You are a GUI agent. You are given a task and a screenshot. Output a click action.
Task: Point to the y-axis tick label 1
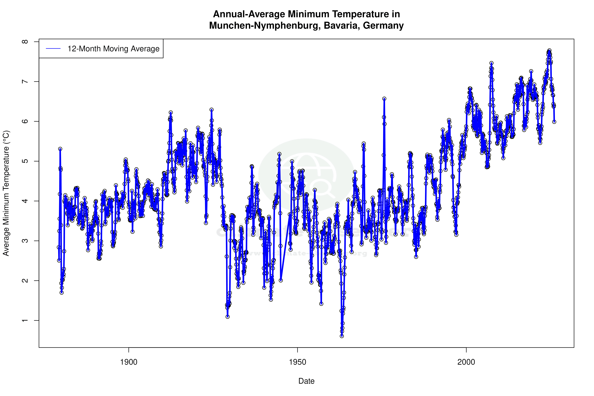25,320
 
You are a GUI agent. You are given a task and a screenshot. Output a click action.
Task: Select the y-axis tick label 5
25,161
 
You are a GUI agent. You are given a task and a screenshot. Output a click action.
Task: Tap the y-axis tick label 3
25,241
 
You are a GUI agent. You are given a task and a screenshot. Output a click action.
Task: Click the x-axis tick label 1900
129,362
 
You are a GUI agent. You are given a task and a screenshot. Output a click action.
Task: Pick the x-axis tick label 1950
297,362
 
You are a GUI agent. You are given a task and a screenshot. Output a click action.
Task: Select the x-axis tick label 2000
466,362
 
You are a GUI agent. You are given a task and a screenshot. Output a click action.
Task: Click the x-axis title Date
306,381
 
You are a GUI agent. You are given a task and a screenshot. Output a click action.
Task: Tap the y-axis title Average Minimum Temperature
6,193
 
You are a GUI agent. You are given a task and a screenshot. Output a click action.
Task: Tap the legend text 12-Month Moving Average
113,49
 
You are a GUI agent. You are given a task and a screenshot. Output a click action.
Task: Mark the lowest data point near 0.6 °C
342,336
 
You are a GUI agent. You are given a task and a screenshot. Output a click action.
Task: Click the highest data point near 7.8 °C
549,51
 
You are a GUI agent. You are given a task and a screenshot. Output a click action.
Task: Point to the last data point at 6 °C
554,122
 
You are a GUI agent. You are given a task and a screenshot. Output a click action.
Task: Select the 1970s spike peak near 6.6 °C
384,99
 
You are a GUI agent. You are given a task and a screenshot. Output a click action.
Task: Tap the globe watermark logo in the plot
306,174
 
